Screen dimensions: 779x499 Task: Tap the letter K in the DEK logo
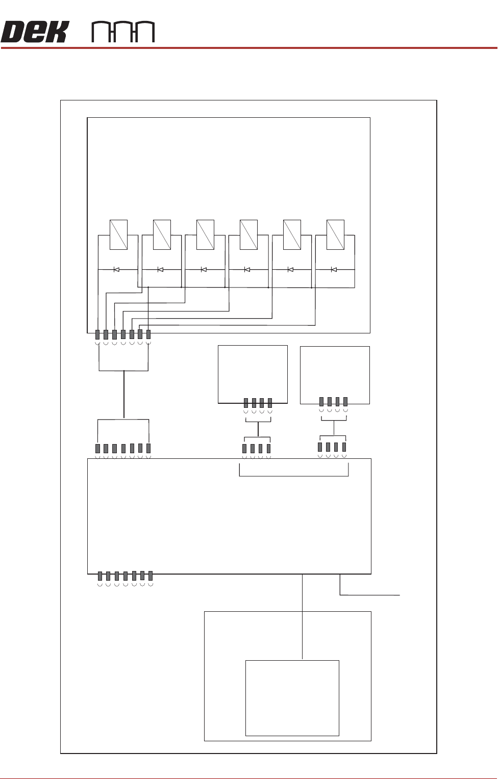click(x=56, y=32)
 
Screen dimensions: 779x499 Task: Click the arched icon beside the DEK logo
click(x=122, y=32)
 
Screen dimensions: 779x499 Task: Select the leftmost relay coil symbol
click(x=118, y=235)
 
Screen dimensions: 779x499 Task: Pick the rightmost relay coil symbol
click(x=335, y=235)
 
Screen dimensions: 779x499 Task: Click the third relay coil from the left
click(x=205, y=235)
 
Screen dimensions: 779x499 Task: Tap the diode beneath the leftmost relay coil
click(x=116, y=269)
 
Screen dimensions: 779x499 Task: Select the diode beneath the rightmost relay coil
click(x=334, y=269)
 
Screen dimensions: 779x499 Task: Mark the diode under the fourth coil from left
click(x=247, y=269)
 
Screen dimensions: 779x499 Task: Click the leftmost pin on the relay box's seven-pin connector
click(x=97, y=334)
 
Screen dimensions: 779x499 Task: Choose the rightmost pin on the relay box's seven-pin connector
click(x=148, y=334)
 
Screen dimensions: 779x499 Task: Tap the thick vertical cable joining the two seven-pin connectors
click(x=123, y=395)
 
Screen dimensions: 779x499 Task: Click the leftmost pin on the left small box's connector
click(x=245, y=402)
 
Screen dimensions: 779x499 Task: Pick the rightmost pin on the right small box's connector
click(x=345, y=401)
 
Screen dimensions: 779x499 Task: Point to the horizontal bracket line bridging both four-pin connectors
click(x=293, y=477)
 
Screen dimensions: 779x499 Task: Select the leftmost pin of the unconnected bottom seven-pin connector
click(x=100, y=576)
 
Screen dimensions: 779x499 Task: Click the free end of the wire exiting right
click(x=400, y=594)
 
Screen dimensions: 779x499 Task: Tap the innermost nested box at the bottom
click(x=292, y=698)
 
